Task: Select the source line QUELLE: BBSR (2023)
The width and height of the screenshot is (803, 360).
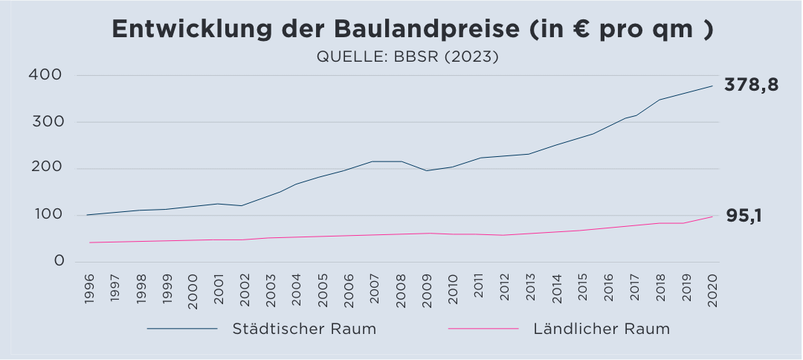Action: pyautogui.click(x=407, y=57)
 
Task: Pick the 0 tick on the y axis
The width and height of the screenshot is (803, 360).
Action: pyautogui.click(x=59, y=262)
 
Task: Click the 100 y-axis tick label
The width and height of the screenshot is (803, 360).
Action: pyautogui.click(x=45, y=216)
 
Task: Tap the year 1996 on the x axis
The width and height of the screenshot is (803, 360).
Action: pyautogui.click(x=89, y=286)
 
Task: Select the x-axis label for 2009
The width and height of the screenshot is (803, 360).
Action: pyautogui.click(x=426, y=286)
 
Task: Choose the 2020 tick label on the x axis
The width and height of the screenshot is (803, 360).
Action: pyautogui.click(x=712, y=286)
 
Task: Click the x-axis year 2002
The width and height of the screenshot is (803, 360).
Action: pyautogui.click(x=245, y=286)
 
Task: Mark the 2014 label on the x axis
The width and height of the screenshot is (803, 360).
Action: pyautogui.click(x=556, y=286)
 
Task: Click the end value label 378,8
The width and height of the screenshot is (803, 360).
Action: pyautogui.click(x=752, y=85)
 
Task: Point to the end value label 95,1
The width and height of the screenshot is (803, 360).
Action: pyautogui.click(x=744, y=216)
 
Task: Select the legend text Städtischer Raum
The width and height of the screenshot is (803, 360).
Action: pyautogui.click(x=304, y=329)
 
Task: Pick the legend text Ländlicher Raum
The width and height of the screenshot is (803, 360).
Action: pyautogui.click(x=602, y=329)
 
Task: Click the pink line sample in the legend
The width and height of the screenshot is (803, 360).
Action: pyautogui.click(x=483, y=329)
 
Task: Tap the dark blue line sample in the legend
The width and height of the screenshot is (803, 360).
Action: pyautogui.click(x=182, y=329)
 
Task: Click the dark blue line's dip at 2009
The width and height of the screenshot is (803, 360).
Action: pyautogui.click(x=426, y=170)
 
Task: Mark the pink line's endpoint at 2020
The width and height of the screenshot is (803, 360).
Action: pyautogui.click(x=712, y=216)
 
